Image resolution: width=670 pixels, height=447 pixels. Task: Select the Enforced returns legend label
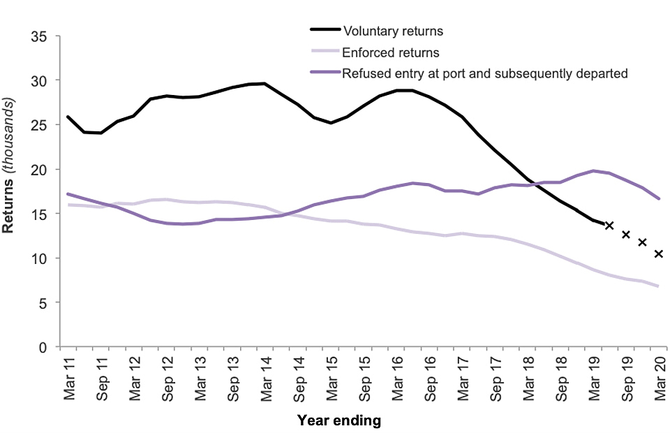(390, 52)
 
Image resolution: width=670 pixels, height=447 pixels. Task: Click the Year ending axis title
(339, 420)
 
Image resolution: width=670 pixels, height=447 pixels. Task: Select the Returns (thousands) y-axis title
(13, 191)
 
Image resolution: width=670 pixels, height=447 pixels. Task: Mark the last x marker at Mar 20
(658, 254)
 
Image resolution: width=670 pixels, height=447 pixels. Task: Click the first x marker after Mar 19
(609, 225)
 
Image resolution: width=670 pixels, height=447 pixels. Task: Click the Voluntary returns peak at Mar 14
(264, 84)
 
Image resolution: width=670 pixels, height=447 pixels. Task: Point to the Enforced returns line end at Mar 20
(658, 286)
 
